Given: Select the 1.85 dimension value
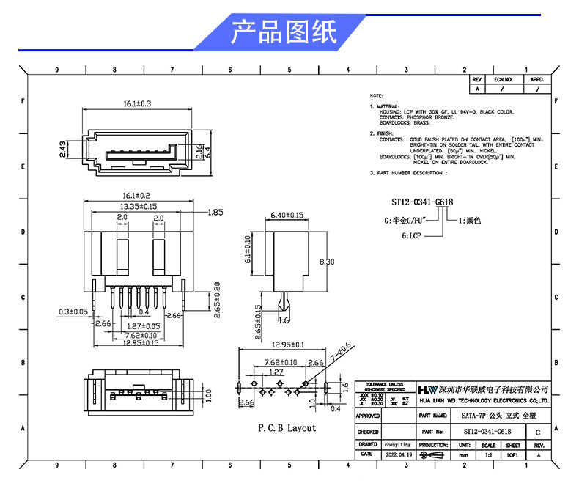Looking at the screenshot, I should pyautogui.click(x=215, y=213).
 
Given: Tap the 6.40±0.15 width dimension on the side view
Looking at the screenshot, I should pyautogui.click(x=287, y=215).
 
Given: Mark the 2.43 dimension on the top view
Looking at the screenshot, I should pyautogui.click(x=63, y=150).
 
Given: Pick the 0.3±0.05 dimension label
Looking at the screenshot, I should pyautogui.click(x=73, y=312).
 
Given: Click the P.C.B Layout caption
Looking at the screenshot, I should pyautogui.click(x=287, y=427).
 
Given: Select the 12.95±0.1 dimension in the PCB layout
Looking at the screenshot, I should pyautogui.click(x=288, y=345).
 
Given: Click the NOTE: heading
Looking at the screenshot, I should pyautogui.click(x=376, y=96).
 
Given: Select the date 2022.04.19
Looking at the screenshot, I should pyautogui.click(x=399, y=454).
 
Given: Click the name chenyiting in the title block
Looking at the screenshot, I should pyautogui.click(x=399, y=444).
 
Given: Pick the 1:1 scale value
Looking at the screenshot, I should pyautogui.click(x=489, y=454).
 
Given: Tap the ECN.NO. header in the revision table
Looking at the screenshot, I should pyautogui.click(x=502, y=79).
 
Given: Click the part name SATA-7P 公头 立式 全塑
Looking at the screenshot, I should pyautogui.click(x=484, y=414).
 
